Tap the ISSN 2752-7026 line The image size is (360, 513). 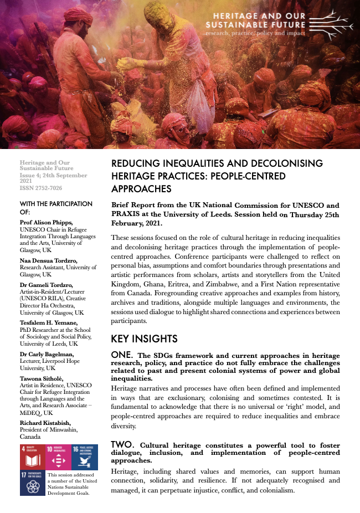[x=40, y=188]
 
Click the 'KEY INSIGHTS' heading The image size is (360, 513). [x=144, y=338]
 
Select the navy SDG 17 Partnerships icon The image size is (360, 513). [x=33, y=483]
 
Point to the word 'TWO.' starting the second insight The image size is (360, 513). [x=123, y=444]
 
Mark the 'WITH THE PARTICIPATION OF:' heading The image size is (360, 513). [x=55, y=208]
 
